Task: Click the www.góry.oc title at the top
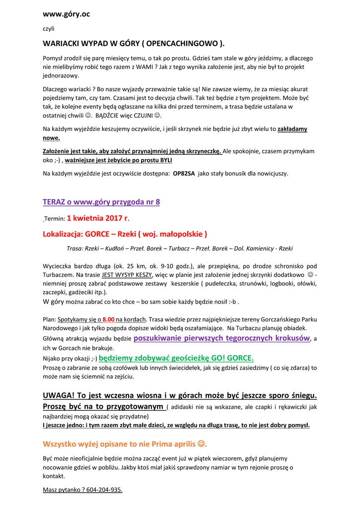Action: point(66,14)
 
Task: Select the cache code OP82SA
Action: point(184,174)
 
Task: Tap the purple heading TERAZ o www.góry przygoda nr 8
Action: point(101,202)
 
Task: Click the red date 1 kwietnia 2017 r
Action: point(98,218)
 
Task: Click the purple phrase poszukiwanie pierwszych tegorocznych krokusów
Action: point(222,338)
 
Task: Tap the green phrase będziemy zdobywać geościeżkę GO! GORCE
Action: point(176,358)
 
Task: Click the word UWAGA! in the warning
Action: point(60,395)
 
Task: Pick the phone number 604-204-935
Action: point(104,490)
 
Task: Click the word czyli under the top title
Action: point(49,29)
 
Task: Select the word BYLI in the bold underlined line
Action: point(166,160)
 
